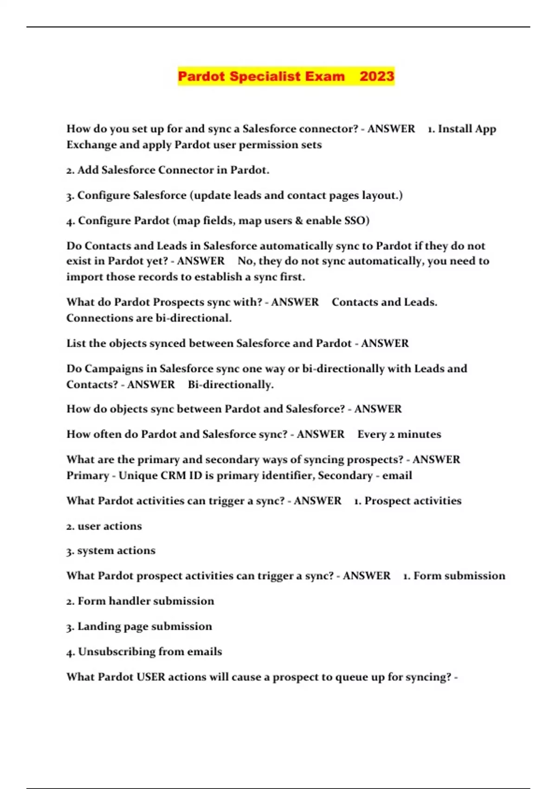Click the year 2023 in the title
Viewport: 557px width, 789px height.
coord(376,76)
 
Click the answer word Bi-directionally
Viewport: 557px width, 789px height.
coord(230,385)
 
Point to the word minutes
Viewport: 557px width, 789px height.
coord(419,434)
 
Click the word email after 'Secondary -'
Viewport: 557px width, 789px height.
coord(397,476)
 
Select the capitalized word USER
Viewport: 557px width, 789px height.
coord(151,677)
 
